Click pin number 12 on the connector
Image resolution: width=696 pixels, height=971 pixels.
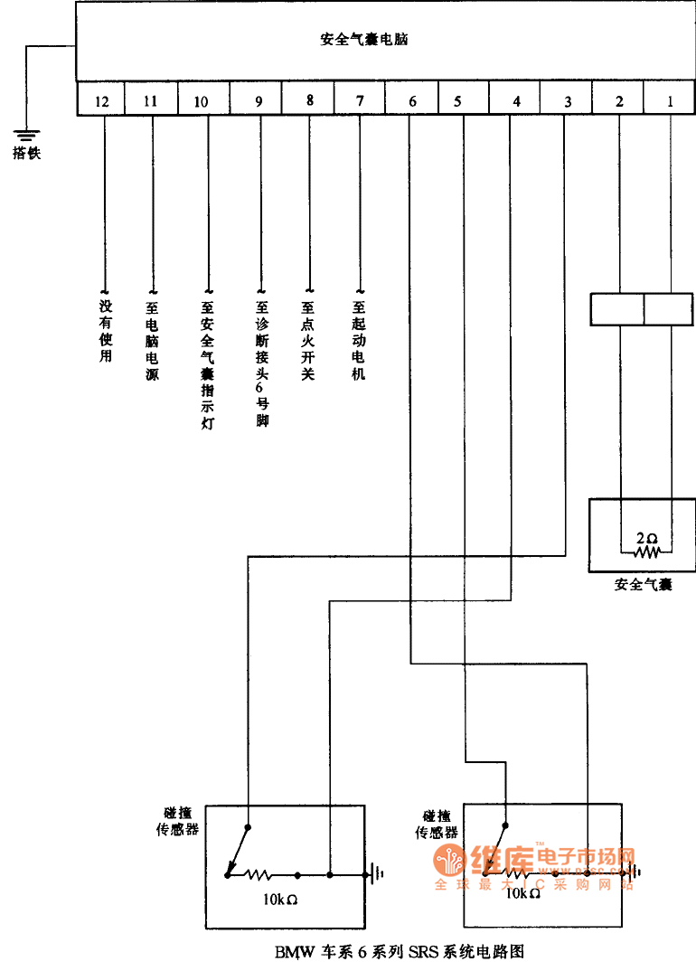tap(101, 101)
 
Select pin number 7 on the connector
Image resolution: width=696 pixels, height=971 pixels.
tap(360, 100)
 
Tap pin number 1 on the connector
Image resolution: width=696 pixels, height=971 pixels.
tap(670, 101)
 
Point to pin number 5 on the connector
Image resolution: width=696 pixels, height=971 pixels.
tap(457, 101)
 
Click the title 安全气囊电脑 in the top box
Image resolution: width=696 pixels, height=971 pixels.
tap(364, 40)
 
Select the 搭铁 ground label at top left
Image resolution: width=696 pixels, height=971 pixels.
tap(26, 154)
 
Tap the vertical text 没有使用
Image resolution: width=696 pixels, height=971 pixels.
tap(105, 332)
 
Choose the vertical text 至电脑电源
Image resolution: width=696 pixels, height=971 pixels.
tap(152, 340)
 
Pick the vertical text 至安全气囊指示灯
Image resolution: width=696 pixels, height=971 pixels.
tap(208, 365)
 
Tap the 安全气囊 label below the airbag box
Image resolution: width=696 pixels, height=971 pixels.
tap(643, 585)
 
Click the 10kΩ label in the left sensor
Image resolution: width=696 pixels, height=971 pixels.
tap(279, 900)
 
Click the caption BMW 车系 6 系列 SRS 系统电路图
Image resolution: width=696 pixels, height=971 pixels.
tap(400, 952)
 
